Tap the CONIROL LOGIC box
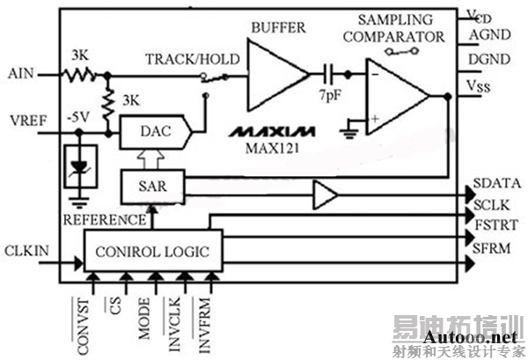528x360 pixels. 152,252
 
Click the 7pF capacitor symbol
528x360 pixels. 329,74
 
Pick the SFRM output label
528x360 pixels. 493,249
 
